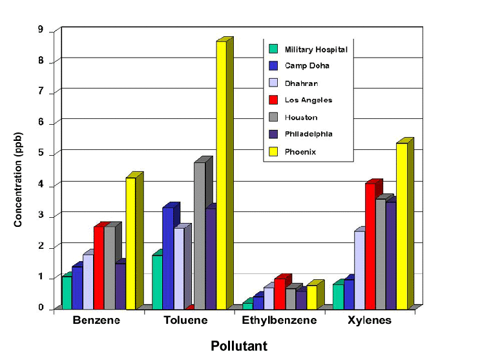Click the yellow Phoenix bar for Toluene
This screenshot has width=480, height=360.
[x=221, y=175]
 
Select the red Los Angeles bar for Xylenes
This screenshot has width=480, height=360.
[x=370, y=246]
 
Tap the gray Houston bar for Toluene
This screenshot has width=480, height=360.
[x=200, y=235]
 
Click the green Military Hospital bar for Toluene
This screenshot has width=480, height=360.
[x=157, y=282]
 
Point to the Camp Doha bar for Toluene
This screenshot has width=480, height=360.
[x=167, y=258]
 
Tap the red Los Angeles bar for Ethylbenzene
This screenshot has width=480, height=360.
[x=279, y=293]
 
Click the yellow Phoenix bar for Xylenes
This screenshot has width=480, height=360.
[x=401, y=226]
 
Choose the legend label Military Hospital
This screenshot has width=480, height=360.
[x=316, y=49]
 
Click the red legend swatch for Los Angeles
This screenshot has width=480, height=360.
[x=274, y=100]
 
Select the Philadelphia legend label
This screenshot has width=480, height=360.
[x=309, y=134]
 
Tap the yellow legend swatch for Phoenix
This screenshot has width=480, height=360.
[x=274, y=151]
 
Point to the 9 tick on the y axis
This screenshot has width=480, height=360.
[x=41, y=30]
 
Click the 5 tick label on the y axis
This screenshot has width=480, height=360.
[x=41, y=153]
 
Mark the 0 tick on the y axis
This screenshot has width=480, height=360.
[x=41, y=308]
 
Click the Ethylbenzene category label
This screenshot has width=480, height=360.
[x=279, y=321]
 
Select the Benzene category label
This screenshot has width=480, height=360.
[x=96, y=321]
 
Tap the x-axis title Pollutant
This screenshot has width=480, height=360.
[x=238, y=346]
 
